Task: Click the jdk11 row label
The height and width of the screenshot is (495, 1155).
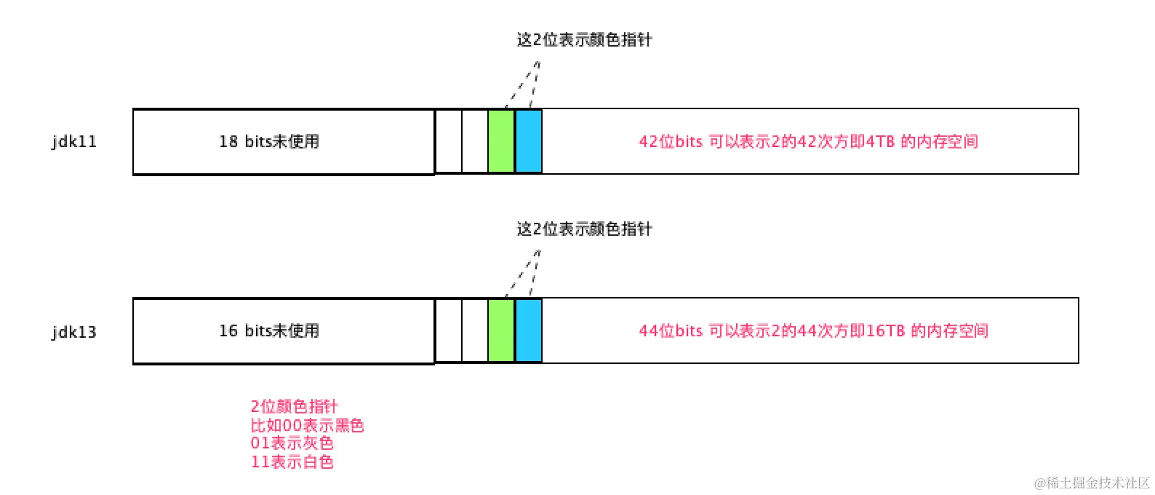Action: pyautogui.click(x=74, y=142)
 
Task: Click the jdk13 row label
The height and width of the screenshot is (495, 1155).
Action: pyautogui.click(x=74, y=332)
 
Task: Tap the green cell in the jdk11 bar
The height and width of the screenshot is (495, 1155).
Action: pyautogui.click(x=501, y=141)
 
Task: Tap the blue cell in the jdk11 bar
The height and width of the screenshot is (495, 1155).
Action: pyautogui.click(x=529, y=141)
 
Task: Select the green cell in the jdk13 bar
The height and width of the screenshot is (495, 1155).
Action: pyautogui.click(x=501, y=330)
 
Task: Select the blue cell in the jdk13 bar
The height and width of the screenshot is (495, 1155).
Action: pyautogui.click(x=529, y=330)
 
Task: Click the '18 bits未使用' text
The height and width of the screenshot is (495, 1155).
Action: pyautogui.click(x=269, y=141)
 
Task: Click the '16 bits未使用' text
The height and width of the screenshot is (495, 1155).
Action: pyautogui.click(x=269, y=330)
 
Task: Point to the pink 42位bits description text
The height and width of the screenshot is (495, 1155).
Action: pyautogui.click(x=808, y=141)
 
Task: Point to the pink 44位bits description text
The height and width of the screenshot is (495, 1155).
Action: pyautogui.click(x=813, y=330)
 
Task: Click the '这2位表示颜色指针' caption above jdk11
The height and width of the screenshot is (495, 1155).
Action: pyautogui.click(x=584, y=39)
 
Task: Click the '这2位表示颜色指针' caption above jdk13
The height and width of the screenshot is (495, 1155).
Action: pyautogui.click(x=584, y=229)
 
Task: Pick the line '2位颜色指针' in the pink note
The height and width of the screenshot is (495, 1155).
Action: pyautogui.click(x=294, y=406)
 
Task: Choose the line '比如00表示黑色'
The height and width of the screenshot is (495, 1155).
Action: pyautogui.click(x=307, y=425)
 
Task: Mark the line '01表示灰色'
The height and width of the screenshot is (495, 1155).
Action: pyautogui.click(x=292, y=443)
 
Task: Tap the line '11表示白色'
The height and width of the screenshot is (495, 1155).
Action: pyautogui.click(x=292, y=462)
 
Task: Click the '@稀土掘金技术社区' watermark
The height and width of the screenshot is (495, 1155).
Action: pyautogui.click(x=1092, y=483)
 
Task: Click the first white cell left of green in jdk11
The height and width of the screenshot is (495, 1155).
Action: pyautogui.click(x=448, y=141)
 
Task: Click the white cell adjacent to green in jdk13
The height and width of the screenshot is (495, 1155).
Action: pyautogui.click(x=474, y=330)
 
